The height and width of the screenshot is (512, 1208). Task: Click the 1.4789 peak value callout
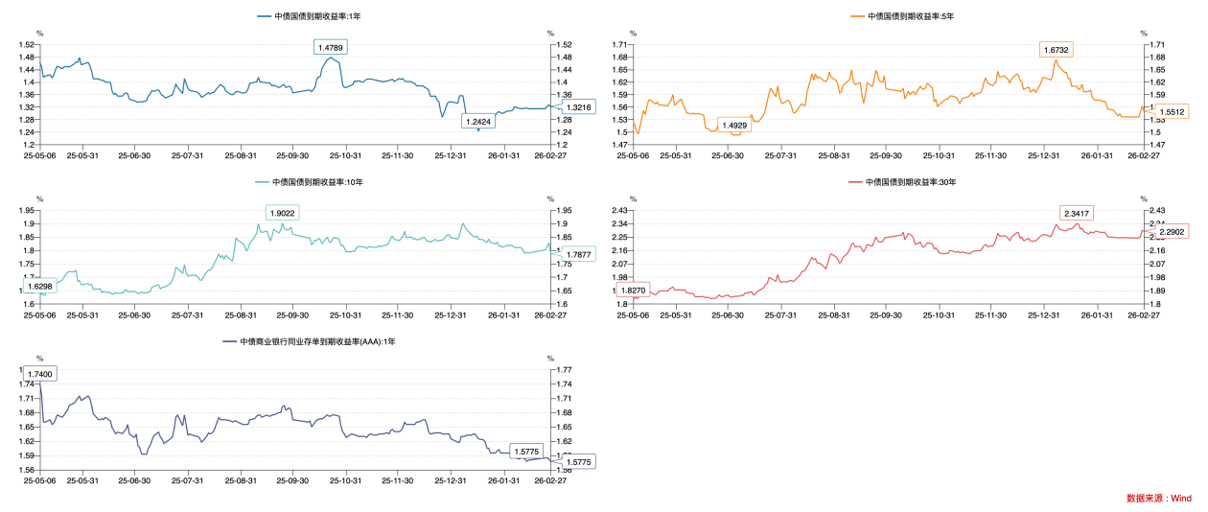pos(330,47)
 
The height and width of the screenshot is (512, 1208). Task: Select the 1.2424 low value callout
pos(477,122)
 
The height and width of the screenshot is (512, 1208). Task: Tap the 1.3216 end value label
pos(578,107)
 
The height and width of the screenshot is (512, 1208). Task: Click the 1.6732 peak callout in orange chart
pos(1057,49)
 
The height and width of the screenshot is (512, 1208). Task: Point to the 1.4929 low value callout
pos(734,126)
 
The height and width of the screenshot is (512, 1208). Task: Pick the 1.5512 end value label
pos(1172,112)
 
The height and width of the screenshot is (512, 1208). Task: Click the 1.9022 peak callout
pos(283,213)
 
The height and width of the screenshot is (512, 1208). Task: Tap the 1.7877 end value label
pos(578,254)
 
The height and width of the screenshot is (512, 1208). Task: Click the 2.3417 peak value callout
pos(1077,213)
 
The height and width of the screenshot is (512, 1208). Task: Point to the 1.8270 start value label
pos(633,290)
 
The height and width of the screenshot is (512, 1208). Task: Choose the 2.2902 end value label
pos(1172,232)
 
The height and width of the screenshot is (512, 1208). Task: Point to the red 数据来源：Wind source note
pos(1158,499)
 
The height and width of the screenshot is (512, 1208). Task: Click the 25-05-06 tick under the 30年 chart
pos(633,314)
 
